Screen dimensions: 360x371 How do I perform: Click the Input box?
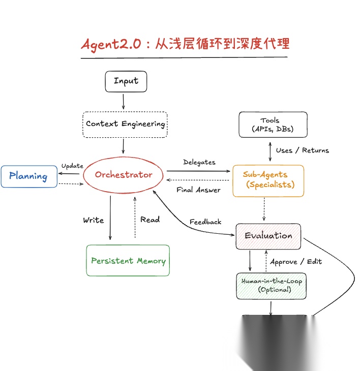coord(126,81)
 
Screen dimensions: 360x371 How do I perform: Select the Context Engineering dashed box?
coord(125,123)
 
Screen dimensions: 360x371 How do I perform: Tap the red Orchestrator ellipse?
coord(124,175)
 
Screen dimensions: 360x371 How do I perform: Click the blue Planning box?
coord(29,176)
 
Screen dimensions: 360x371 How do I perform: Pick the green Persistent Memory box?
coord(128,261)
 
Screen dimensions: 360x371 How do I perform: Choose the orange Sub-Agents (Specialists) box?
coord(268,180)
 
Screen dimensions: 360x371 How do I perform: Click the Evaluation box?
coord(268,236)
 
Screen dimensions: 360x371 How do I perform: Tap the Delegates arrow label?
coord(199,162)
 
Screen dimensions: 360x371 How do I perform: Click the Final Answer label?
coord(198,190)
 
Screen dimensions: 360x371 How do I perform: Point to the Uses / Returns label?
coord(302,150)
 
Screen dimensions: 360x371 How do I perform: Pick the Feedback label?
coord(205,222)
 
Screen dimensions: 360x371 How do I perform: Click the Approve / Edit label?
coord(295,261)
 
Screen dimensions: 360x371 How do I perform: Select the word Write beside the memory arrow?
coord(94,220)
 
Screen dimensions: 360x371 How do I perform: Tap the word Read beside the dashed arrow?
coord(150,220)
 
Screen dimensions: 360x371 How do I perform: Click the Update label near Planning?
coord(72,166)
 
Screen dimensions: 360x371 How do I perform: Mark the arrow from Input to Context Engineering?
coord(124,101)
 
